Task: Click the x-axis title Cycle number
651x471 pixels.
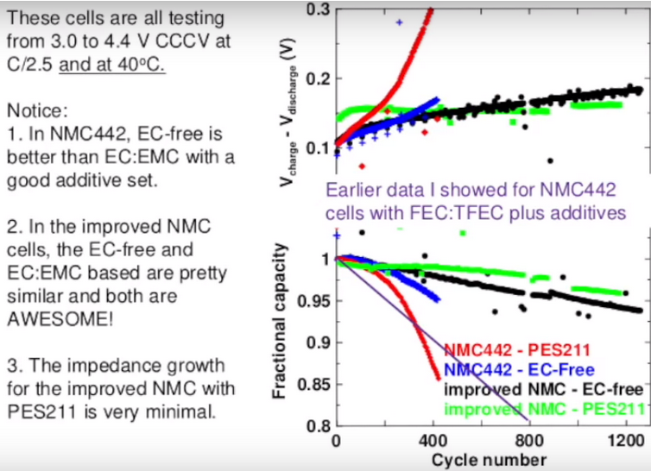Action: [x=489, y=458]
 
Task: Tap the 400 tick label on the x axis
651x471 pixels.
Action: [x=431, y=441]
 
